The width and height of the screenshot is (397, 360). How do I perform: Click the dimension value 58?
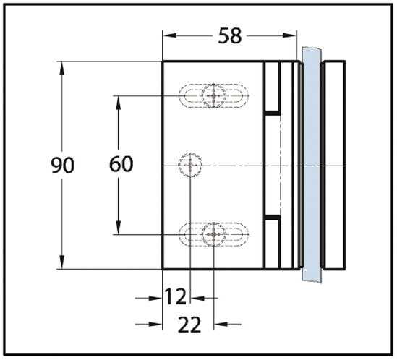tap(230, 36)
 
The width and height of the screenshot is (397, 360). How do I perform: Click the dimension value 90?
tap(62, 165)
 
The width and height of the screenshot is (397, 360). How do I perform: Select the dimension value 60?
tap(121, 164)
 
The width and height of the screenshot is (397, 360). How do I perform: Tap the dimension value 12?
tap(176, 296)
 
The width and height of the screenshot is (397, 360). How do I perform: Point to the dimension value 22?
tap(189, 325)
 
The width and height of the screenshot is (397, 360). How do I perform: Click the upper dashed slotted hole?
tap(213, 95)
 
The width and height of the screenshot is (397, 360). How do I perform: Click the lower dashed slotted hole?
tap(213, 234)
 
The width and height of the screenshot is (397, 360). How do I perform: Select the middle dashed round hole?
tap(190, 165)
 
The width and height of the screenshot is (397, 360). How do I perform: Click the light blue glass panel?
tap(312, 165)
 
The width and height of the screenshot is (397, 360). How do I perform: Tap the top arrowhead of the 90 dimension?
tap(61, 69)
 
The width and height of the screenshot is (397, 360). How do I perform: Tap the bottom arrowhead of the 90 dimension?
tap(61, 262)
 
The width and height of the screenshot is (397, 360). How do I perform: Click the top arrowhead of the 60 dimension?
tap(119, 103)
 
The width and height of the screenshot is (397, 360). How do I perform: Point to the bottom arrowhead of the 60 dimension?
tap(119, 227)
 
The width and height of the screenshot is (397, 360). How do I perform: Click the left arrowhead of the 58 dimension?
tap(170, 35)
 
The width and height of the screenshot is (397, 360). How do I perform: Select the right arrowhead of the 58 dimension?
tap(289, 35)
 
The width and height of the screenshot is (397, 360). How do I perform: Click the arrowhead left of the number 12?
tap(155, 299)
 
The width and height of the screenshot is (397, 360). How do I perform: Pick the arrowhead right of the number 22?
tap(221, 324)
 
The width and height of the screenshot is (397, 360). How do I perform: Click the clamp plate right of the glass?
tap(333, 165)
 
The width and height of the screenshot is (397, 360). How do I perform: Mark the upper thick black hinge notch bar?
tap(273, 113)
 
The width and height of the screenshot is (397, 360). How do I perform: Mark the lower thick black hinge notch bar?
tap(273, 217)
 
